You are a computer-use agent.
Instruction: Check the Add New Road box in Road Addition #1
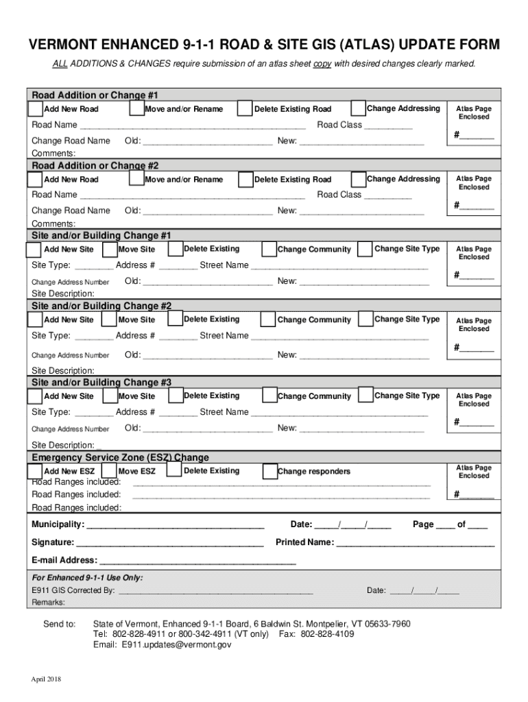click(36, 109)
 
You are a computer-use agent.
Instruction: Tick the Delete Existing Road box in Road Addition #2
click(245, 180)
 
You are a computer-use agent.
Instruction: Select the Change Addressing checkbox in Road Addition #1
click(357, 108)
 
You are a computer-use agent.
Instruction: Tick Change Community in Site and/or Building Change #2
click(269, 320)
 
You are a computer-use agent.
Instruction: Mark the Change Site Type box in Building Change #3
click(365, 396)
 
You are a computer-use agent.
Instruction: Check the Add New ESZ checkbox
click(36, 472)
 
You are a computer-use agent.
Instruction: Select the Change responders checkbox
click(269, 472)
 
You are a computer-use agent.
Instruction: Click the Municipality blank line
click(175, 526)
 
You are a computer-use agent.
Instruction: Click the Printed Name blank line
click(415, 543)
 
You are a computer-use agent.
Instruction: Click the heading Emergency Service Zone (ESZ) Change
click(121, 457)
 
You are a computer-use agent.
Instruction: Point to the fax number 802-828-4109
click(327, 634)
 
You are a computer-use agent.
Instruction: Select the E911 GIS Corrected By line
click(215, 591)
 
